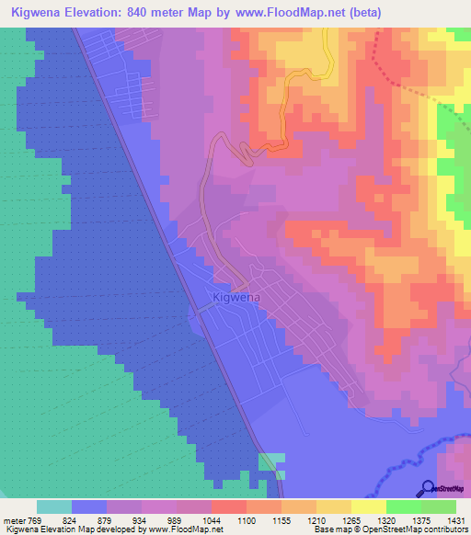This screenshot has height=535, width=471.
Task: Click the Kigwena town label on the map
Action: coord(236,298)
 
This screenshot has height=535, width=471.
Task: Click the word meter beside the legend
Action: coord(14,519)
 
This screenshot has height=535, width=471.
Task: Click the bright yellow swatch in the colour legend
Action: coord(369,507)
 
